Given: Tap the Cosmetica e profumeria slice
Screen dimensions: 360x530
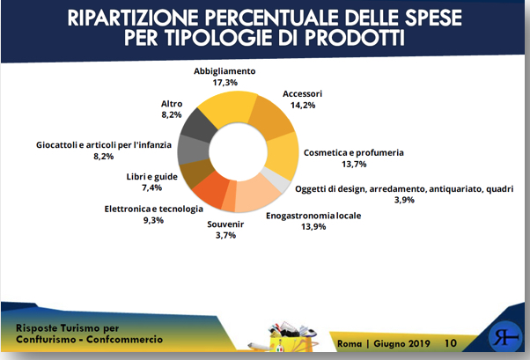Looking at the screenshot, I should pyautogui.click(x=283, y=156).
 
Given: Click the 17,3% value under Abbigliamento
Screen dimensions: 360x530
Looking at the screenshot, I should pyautogui.click(x=227, y=82).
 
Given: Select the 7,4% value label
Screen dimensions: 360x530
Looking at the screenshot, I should pyautogui.click(x=151, y=188).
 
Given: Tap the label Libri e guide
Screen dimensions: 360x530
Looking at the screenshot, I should pyautogui.click(x=151, y=177).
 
